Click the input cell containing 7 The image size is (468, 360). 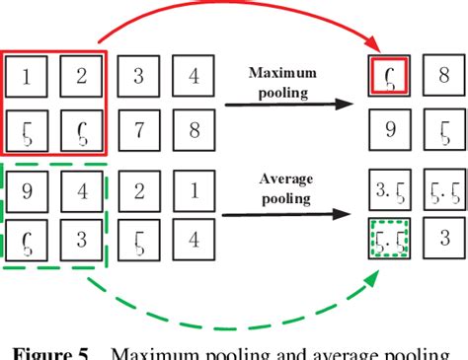137,129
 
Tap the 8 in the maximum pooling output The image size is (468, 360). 443,76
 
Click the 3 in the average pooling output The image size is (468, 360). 443,240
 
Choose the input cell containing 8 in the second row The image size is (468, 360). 194,129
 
